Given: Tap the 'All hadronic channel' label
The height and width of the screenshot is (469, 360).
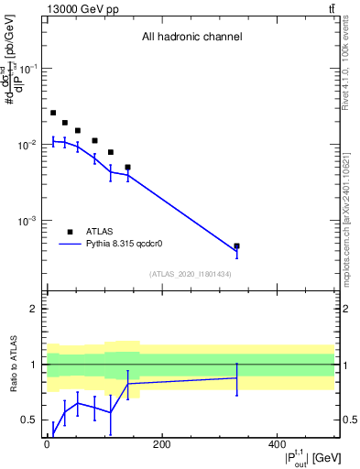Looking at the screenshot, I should click(191, 38).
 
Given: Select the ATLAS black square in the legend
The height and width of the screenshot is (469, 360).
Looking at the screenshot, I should click(70, 232).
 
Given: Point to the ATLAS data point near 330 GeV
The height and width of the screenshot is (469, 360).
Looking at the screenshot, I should click(236, 246).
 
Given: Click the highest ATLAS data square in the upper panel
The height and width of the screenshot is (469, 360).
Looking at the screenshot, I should click(53, 113).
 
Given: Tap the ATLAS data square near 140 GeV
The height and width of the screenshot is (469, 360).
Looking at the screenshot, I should click(127, 168).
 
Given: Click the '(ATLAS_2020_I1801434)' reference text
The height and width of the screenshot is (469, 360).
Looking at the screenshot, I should click(191, 274).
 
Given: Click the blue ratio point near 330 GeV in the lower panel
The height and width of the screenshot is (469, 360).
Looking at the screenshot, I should click(236, 377).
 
